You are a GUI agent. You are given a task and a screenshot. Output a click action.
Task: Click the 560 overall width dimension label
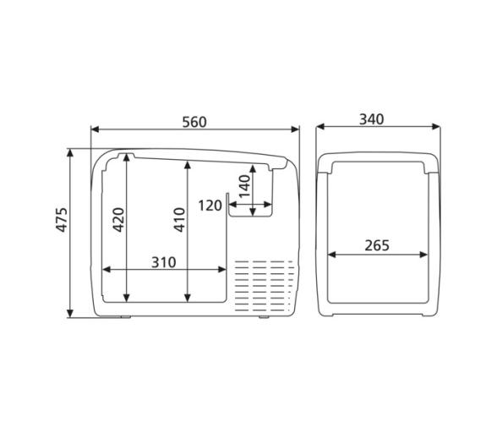pos(194,122)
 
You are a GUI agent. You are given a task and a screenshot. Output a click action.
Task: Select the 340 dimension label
pos(372,119)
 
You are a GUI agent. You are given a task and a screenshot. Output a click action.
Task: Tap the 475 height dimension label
pos(62,220)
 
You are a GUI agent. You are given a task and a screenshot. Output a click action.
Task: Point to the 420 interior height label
pos(119,220)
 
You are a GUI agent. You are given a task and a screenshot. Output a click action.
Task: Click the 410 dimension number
pos(180,220)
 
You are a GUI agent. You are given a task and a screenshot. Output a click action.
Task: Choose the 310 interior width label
pos(164,262)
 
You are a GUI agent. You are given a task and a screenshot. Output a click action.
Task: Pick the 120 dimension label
pos(210,206)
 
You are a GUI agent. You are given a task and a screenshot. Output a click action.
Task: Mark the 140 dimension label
pos(245,186)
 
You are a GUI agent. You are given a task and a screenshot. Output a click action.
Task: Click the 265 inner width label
pos(377,245)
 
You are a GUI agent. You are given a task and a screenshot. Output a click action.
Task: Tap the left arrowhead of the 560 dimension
pos(95,129)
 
